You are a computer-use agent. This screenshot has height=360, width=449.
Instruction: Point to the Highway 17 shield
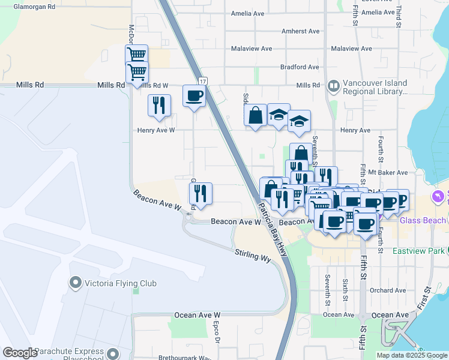203,80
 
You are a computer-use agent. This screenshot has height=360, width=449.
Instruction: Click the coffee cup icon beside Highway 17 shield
194,96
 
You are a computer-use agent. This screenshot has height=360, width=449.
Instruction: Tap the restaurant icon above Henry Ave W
159,105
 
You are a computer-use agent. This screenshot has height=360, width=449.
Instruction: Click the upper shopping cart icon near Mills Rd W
137,55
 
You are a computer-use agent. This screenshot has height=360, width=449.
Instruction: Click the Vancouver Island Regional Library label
375,88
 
